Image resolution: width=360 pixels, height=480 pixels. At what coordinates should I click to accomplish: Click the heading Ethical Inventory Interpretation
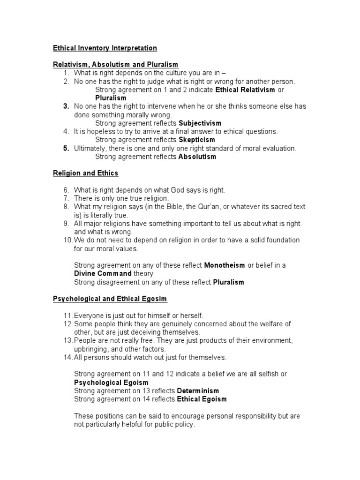(x=104, y=48)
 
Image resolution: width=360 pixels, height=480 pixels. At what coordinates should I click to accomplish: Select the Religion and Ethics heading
(x=85, y=173)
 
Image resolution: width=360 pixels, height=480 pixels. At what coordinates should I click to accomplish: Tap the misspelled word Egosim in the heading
(x=155, y=299)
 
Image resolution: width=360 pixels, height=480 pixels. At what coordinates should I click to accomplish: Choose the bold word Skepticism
(x=197, y=140)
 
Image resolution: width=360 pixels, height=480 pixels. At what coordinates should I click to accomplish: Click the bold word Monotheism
(x=225, y=265)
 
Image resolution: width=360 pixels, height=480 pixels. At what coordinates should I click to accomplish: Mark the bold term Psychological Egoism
(x=111, y=382)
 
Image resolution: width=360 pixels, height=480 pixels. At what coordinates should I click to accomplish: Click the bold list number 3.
(x=67, y=106)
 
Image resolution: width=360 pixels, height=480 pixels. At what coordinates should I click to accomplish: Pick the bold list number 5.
(x=67, y=149)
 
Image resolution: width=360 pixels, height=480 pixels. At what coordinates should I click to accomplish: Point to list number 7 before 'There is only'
(x=67, y=198)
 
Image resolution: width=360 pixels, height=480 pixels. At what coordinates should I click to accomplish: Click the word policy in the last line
(x=183, y=425)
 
